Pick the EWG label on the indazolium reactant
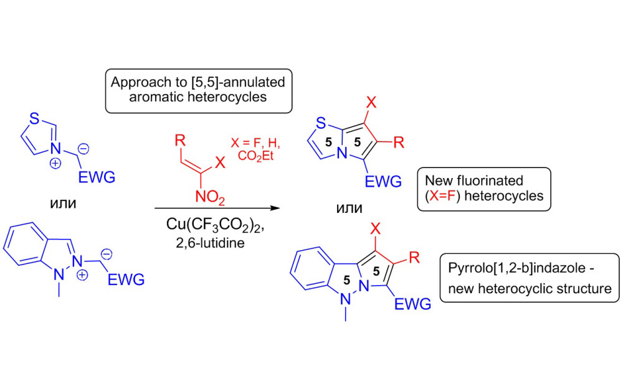(126, 279)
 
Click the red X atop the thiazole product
(371, 100)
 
